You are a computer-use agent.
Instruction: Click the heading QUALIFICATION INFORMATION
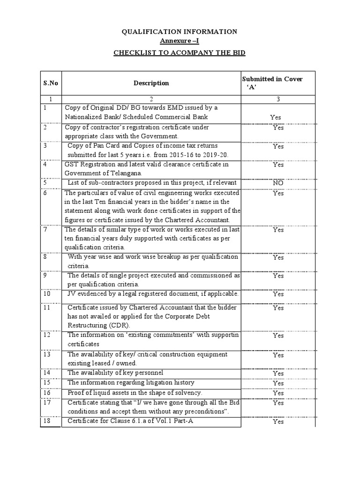(x=180, y=31)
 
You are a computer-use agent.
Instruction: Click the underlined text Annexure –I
(x=180, y=41)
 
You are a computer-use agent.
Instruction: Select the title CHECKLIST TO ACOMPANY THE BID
(x=180, y=52)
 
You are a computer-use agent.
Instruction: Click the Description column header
(x=151, y=83)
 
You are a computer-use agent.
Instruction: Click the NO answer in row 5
(x=278, y=183)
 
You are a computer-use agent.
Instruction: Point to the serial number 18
(x=45, y=420)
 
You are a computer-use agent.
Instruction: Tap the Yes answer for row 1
(x=276, y=117)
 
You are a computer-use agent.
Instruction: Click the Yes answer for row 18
(x=278, y=421)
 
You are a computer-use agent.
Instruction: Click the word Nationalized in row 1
(x=84, y=116)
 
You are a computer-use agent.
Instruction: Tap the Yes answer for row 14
(x=278, y=374)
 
